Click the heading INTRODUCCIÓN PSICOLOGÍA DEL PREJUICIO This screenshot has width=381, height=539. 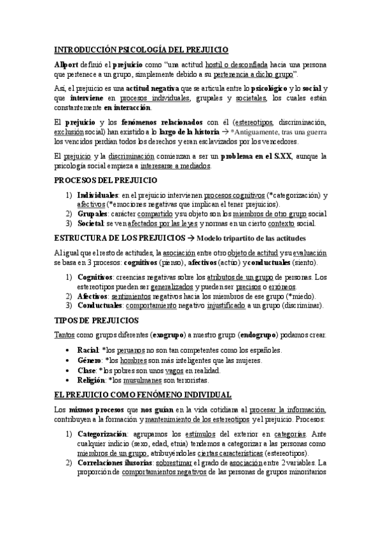141,49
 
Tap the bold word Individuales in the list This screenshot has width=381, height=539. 97,195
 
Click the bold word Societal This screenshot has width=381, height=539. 90,223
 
